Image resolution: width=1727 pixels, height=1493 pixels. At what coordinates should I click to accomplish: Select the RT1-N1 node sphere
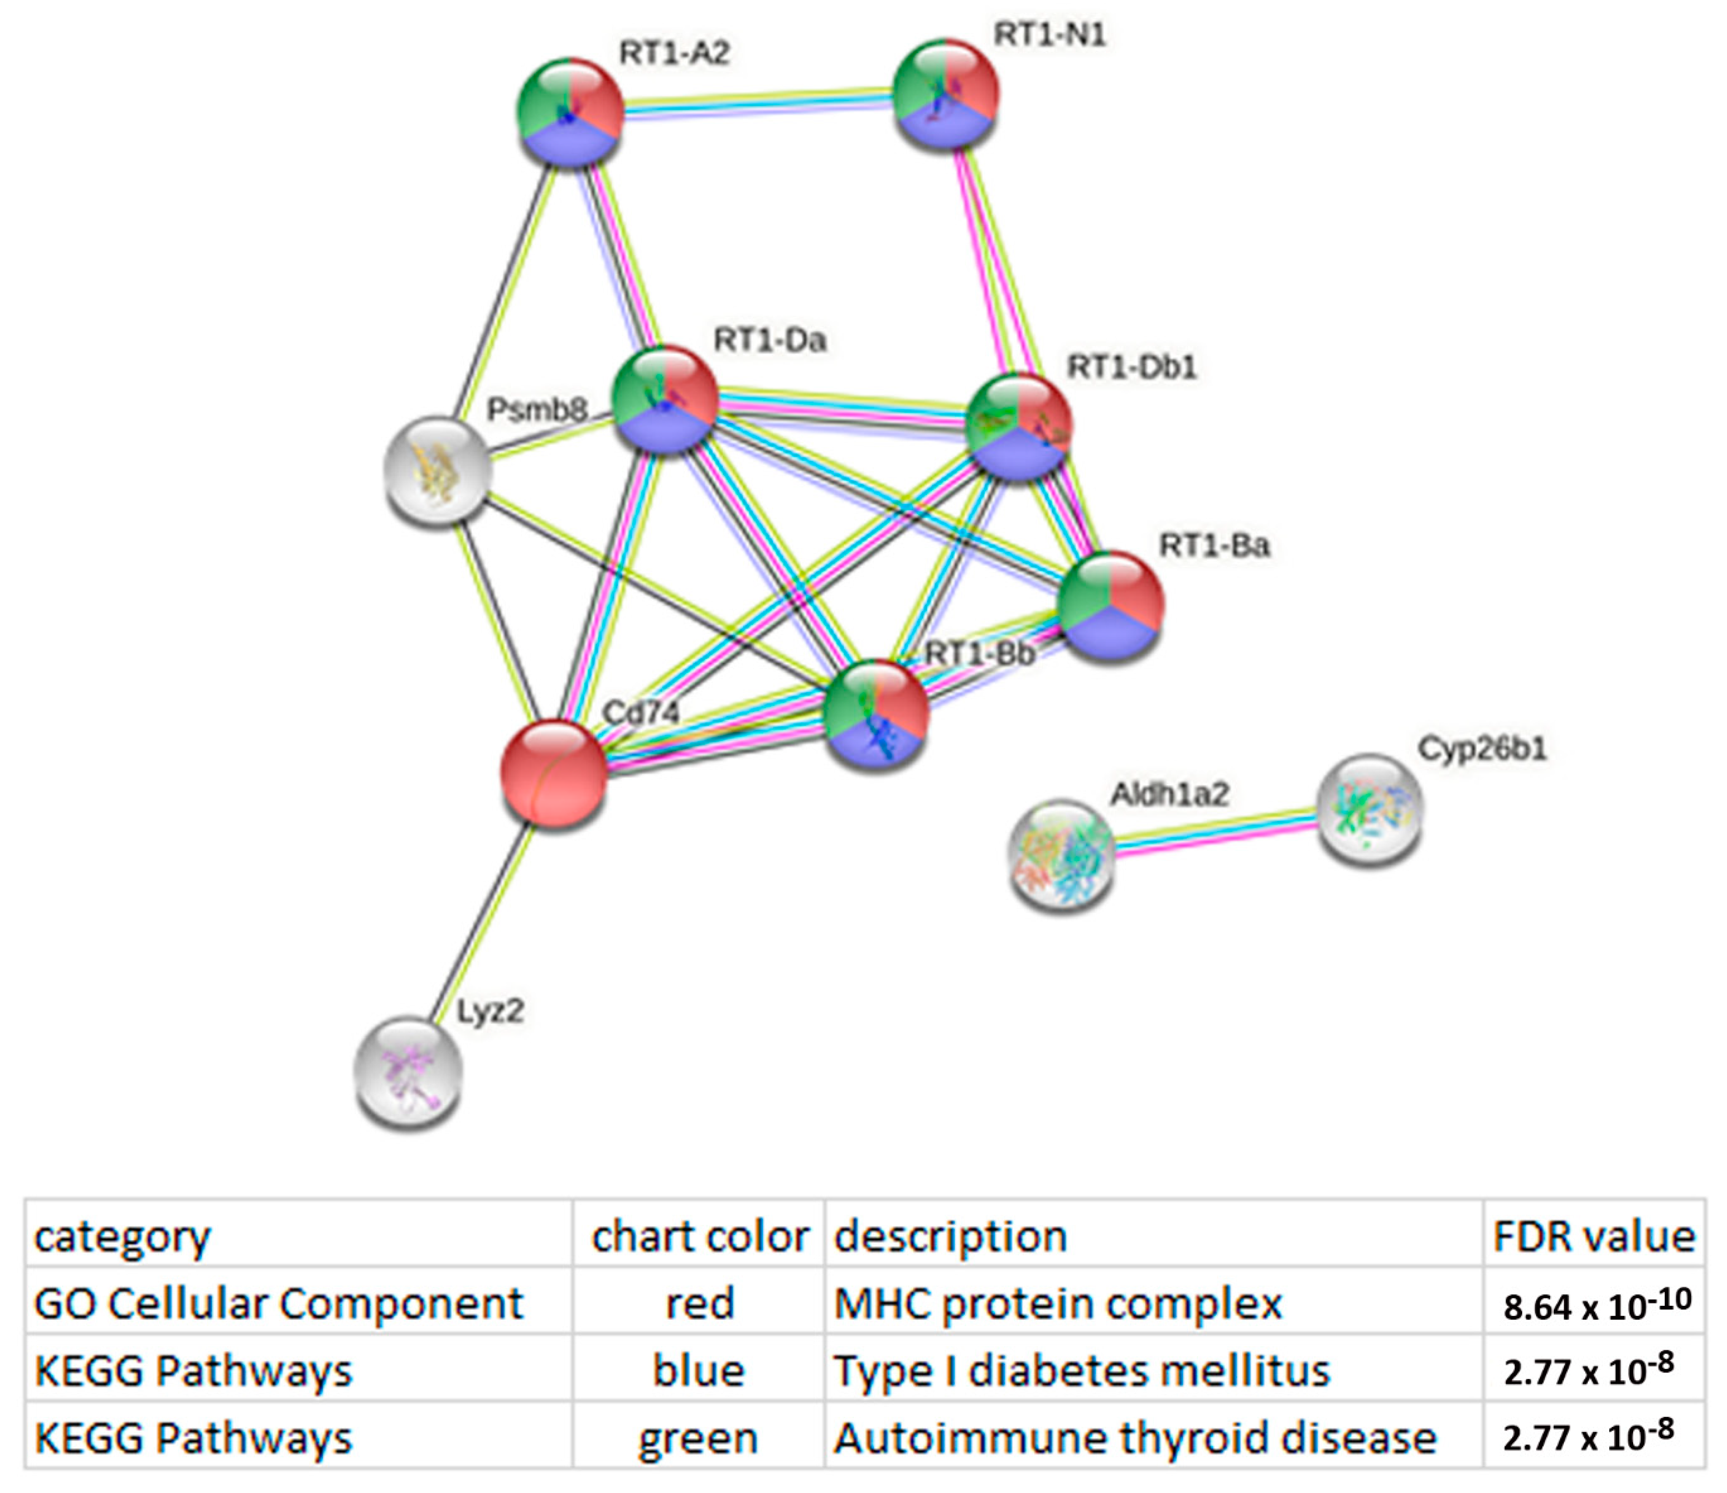click(945, 93)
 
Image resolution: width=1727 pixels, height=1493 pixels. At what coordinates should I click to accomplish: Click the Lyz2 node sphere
click(408, 1071)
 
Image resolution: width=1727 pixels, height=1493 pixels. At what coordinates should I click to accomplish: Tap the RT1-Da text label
click(769, 340)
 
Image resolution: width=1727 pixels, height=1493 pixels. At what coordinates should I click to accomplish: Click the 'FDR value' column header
click(1593, 1236)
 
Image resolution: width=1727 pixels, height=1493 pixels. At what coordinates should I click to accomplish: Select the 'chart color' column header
click(699, 1236)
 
